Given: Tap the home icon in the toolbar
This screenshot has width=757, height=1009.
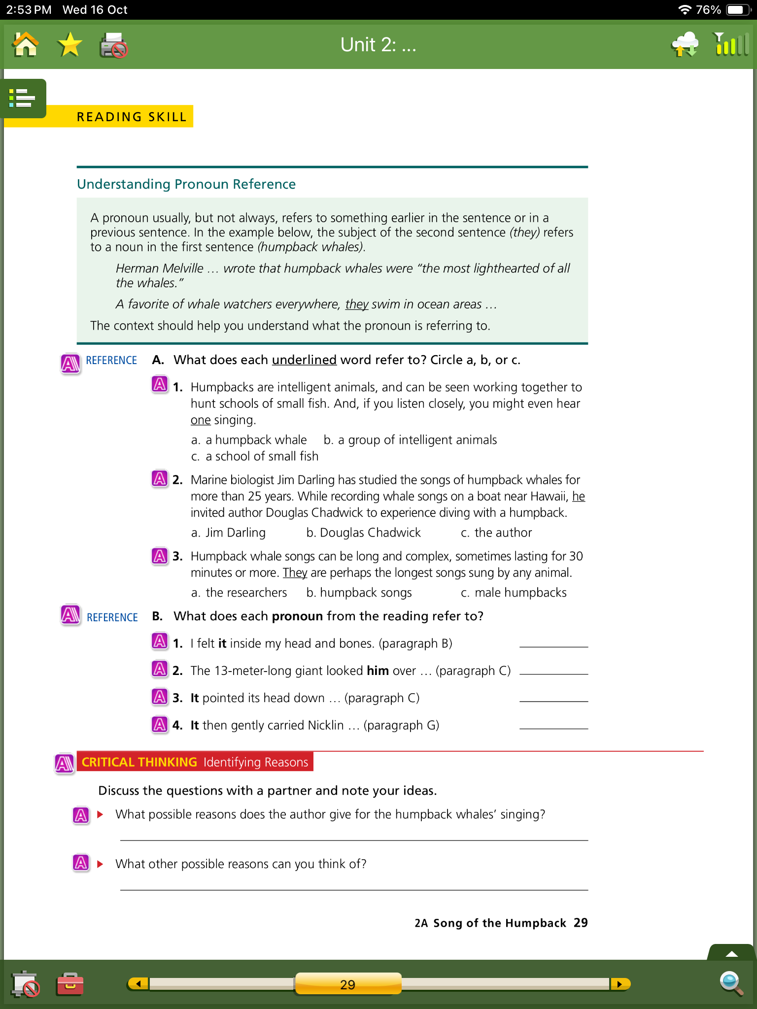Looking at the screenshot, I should click(x=26, y=45).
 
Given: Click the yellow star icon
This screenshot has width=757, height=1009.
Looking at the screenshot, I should click(x=69, y=45).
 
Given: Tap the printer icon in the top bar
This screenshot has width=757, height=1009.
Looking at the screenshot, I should click(x=113, y=46).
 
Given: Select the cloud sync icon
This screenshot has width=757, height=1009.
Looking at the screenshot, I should click(x=685, y=44).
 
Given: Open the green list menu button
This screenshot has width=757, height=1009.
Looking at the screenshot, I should click(x=23, y=98).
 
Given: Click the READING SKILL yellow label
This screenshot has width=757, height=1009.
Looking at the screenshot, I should click(x=132, y=117).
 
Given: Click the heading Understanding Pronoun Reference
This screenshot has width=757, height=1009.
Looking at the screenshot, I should click(x=186, y=184).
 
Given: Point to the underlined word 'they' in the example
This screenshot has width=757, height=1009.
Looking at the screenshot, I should click(x=356, y=304).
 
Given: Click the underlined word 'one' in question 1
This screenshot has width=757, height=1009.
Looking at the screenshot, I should click(x=200, y=420).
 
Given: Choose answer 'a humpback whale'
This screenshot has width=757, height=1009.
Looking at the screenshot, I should click(x=255, y=440).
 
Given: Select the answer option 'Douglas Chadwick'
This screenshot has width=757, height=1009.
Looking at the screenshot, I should click(x=370, y=533).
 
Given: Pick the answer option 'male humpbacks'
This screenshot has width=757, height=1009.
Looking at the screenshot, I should click(x=520, y=593).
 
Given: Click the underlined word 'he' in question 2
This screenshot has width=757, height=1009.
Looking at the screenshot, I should click(x=578, y=497).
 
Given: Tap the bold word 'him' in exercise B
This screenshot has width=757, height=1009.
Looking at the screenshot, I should click(x=378, y=671).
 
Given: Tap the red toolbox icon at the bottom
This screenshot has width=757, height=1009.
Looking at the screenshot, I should click(x=70, y=984).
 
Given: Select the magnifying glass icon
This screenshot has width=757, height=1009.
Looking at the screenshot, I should click(x=730, y=983).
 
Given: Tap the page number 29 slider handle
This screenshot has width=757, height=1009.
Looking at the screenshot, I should click(x=347, y=984).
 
